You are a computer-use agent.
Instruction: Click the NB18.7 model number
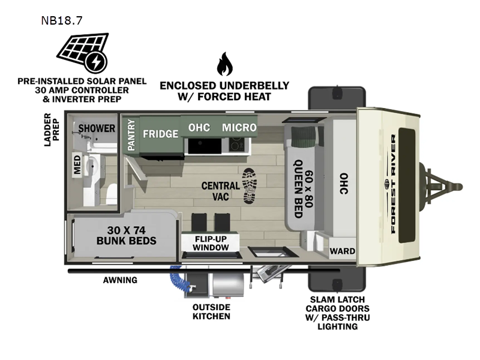pos(62,20)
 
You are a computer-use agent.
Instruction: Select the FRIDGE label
pos(160,133)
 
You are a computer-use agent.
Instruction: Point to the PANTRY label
pos(131,135)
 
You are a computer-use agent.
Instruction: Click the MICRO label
pos(239,127)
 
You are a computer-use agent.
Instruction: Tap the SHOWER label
pos(96,128)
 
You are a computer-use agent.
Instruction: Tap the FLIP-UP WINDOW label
pos(211,242)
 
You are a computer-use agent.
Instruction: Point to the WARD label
pos(343,251)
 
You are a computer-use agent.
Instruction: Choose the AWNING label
pos(120,280)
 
